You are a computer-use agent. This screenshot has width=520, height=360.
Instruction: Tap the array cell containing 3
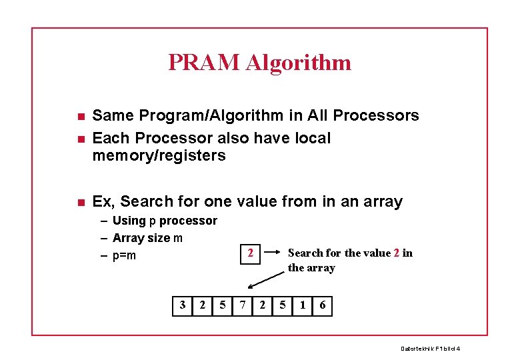pyautogui.click(x=183, y=305)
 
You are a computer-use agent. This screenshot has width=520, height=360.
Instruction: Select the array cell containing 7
pyautogui.click(x=243, y=305)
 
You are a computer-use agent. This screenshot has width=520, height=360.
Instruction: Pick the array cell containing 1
pyautogui.click(x=303, y=305)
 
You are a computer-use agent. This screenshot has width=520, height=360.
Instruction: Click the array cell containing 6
pyautogui.click(x=323, y=305)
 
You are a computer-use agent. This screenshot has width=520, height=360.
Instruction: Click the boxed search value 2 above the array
pyautogui.click(x=250, y=253)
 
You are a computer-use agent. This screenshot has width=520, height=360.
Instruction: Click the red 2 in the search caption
pyautogui.click(x=397, y=253)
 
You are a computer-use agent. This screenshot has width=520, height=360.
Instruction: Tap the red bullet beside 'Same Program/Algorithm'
pyautogui.click(x=80, y=117)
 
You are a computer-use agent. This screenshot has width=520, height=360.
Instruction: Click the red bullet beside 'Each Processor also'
pyautogui.click(x=80, y=139)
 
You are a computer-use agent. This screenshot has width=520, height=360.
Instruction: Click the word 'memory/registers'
pyautogui.click(x=159, y=156)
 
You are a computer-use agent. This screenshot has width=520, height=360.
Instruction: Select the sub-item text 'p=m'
pyautogui.click(x=124, y=255)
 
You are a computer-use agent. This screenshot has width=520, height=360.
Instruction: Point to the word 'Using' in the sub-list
pyautogui.click(x=129, y=221)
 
